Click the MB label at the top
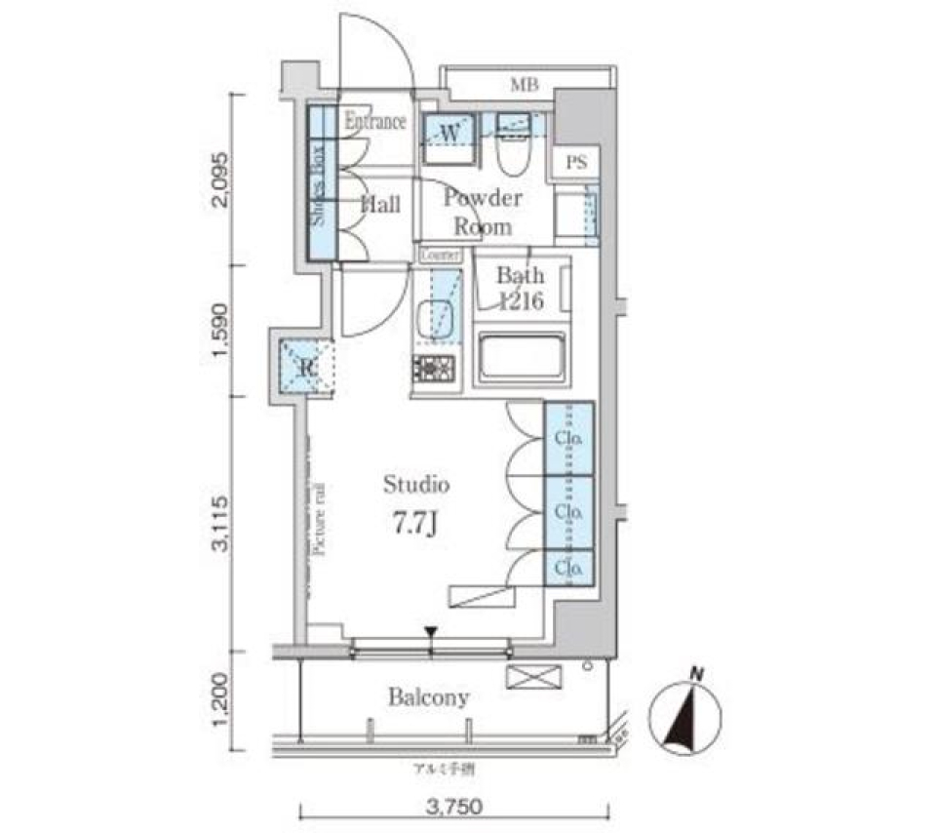(524, 85)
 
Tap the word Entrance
(375, 123)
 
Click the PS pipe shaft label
(576, 164)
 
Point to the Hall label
(380, 205)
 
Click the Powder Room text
(484, 212)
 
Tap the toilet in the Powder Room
(512, 146)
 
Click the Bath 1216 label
(520, 288)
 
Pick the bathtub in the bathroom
(523, 358)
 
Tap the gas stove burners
(435, 369)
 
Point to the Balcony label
(428, 697)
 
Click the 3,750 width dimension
(454, 809)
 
